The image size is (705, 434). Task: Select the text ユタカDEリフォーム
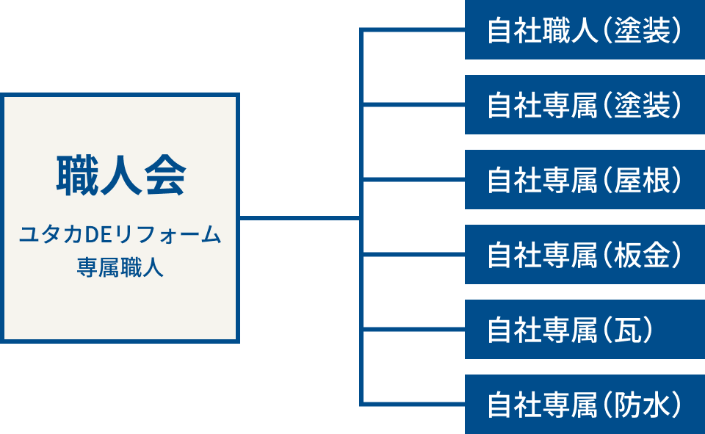(120, 236)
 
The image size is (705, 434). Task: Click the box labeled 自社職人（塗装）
(585, 31)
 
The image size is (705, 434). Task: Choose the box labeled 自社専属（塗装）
(585, 105)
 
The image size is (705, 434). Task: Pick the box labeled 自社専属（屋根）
(585, 180)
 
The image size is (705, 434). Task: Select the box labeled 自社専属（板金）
(585, 255)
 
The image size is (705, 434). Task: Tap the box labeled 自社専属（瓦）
(585, 330)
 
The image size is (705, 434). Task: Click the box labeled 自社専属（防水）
(585, 405)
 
